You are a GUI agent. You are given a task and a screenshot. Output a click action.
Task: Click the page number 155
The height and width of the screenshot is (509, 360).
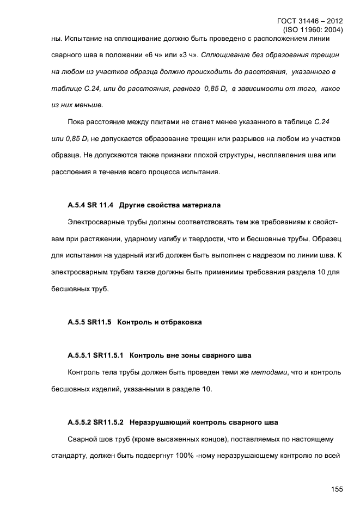coord(336,489)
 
